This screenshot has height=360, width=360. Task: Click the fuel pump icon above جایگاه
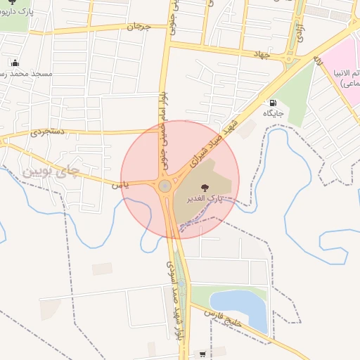(x=272, y=102)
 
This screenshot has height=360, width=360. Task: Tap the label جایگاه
(x=273, y=113)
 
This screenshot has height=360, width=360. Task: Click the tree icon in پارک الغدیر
(x=205, y=188)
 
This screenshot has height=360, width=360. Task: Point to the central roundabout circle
(x=165, y=186)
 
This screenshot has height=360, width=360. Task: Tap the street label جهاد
(x=263, y=53)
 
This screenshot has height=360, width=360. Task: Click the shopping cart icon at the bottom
(x=203, y=354)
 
